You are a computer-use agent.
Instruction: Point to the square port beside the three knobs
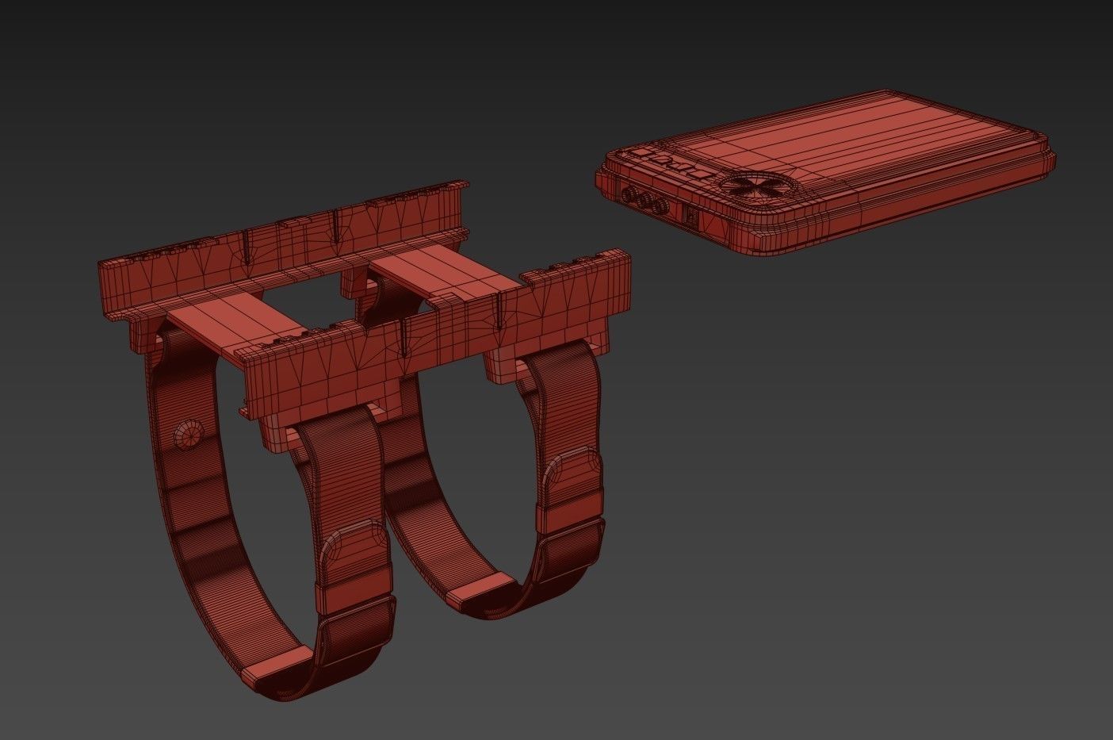pyautogui.click(x=691, y=215)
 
